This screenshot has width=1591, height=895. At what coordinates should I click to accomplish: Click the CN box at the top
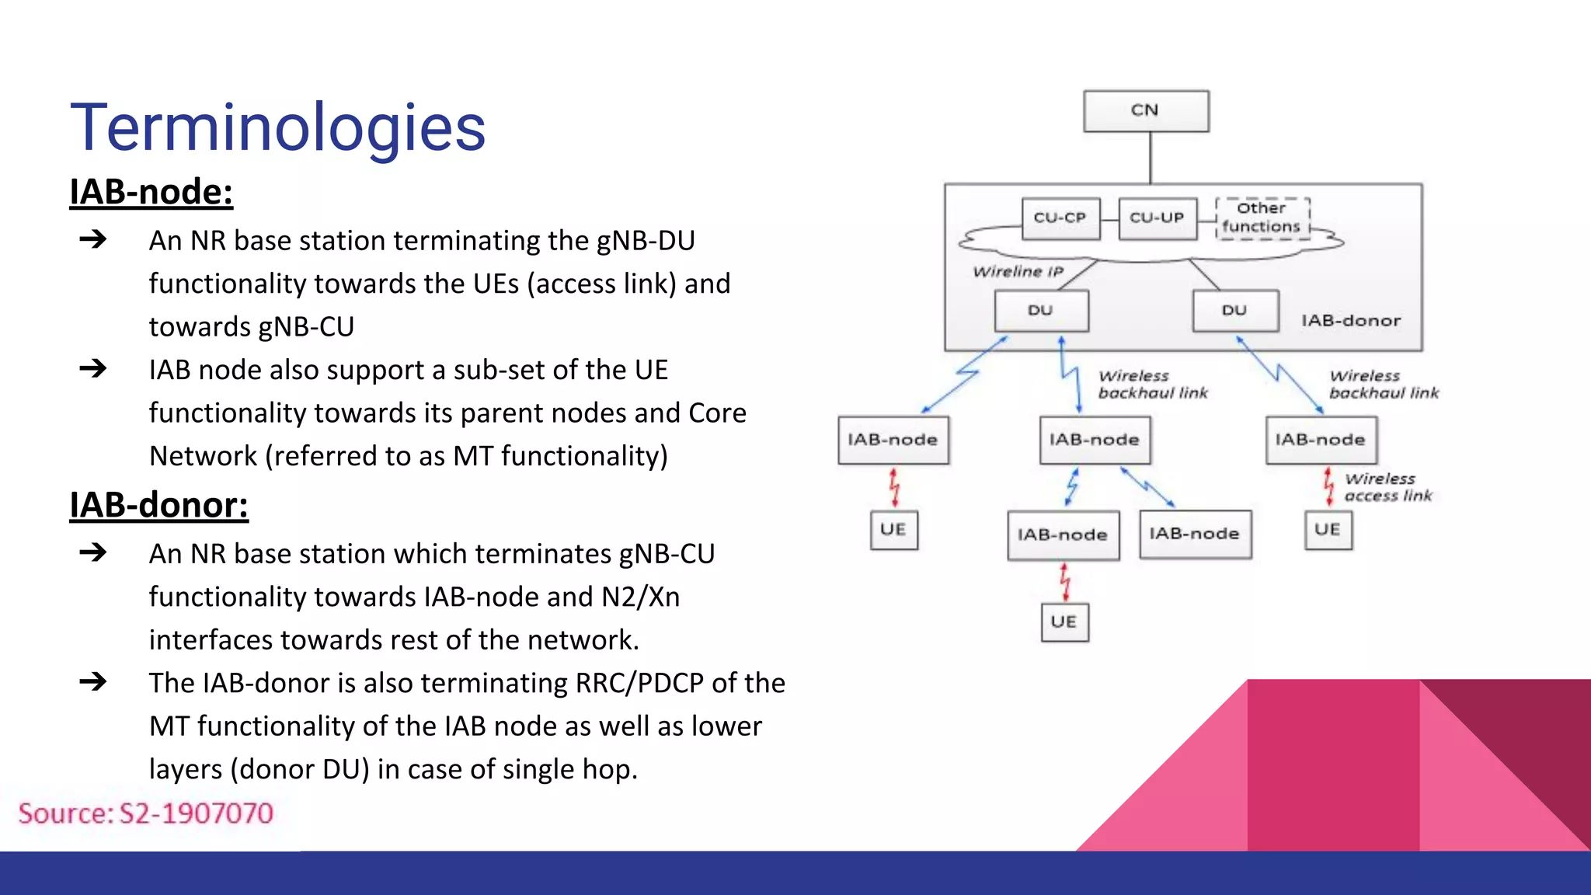(x=1146, y=111)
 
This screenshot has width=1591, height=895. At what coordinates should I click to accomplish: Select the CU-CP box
(x=1060, y=218)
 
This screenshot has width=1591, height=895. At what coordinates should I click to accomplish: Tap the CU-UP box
(x=1157, y=218)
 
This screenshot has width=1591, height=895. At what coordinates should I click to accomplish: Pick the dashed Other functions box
(x=1262, y=218)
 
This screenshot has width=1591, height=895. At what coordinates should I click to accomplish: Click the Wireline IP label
(x=1018, y=271)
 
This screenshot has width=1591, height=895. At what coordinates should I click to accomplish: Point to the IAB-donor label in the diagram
(x=1351, y=321)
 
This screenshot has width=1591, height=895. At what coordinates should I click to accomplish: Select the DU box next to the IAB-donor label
(x=1235, y=311)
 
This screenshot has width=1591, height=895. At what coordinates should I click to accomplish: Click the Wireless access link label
(x=1387, y=487)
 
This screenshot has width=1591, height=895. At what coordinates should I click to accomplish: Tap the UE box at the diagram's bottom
(x=1064, y=622)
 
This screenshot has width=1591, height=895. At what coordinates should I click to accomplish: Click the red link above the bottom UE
(x=1065, y=582)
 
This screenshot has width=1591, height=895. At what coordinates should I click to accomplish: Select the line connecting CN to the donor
(x=1151, y=158)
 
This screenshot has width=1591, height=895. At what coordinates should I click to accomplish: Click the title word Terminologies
(x=278, y=128)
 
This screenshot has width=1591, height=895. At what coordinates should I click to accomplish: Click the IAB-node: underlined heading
(x=151, y=192)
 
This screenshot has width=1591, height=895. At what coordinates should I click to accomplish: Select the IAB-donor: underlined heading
(x=159, y=505)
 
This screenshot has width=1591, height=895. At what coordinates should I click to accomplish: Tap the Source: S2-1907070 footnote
(x=146, y=813)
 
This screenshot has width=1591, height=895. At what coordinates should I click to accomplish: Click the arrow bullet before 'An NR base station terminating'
(x=93, y=239)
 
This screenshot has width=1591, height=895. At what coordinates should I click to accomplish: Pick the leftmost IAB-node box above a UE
(x=893, y=441)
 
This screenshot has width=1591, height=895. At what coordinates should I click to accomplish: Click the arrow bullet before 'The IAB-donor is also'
(x=93, y=682)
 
